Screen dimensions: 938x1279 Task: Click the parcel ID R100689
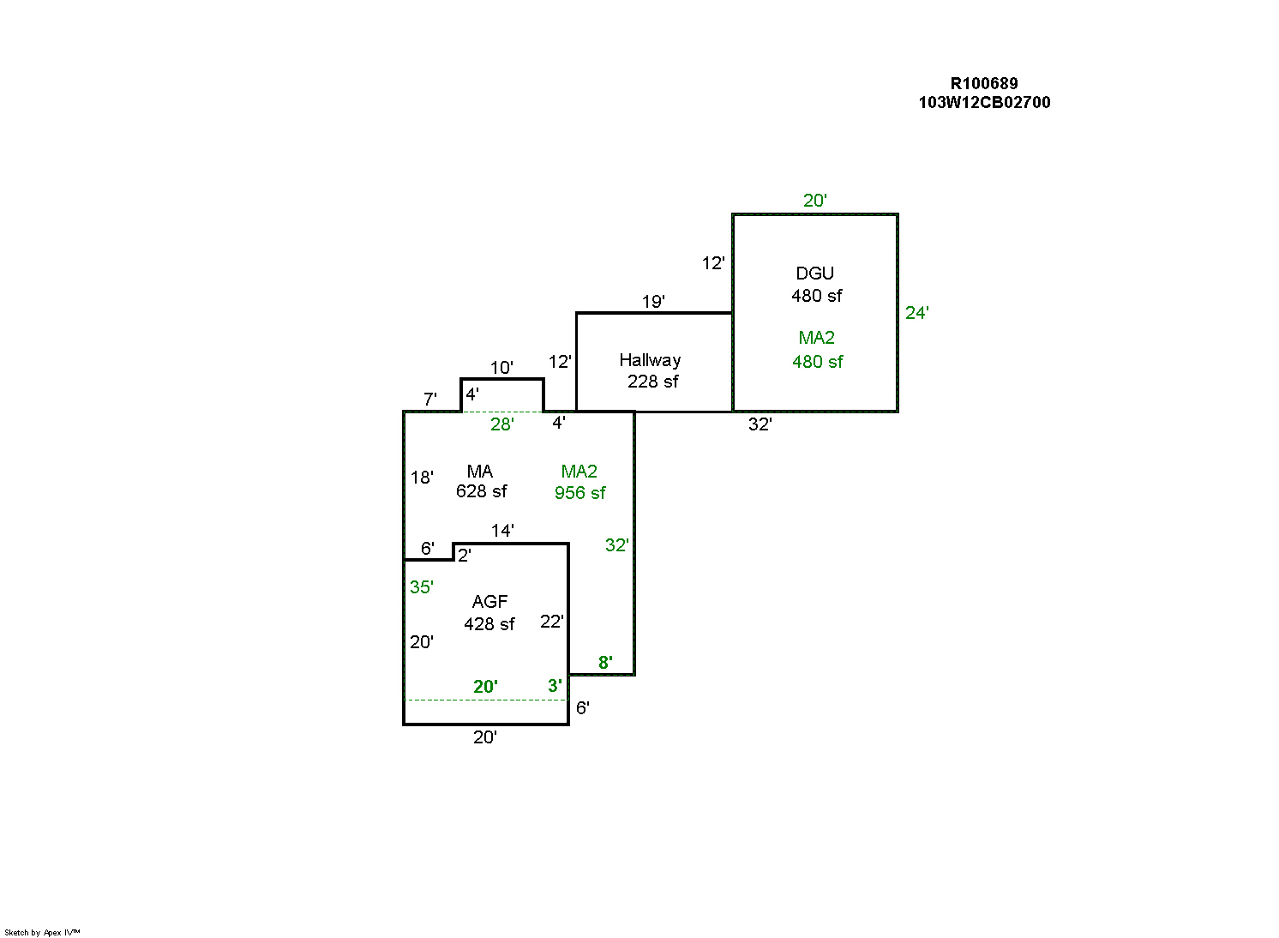click(x=983, y=83)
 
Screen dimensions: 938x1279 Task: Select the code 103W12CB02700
click(x=984, y=102)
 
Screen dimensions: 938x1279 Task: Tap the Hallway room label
click(x=650, y=360)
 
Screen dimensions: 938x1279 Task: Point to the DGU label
click(x=814, y=274)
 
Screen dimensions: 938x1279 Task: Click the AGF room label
click(x=489, y=602)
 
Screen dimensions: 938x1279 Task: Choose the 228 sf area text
click(x=652, y=382)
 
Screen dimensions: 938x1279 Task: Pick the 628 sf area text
click(x=481, y=491)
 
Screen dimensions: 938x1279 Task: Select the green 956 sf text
click(x=579, y=493)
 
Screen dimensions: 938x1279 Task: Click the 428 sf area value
click(x=489, y=624)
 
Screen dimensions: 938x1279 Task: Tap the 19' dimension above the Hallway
click(x=653, y=302)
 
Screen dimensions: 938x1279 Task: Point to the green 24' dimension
click(x=916, y=313)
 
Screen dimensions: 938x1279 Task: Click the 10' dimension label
click(x=501, y=368)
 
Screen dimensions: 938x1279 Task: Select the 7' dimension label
click(x=429, y=400)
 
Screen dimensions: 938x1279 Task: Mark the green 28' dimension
click(x=501, y=424)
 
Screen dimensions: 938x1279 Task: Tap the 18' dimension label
click(x=422, y=478)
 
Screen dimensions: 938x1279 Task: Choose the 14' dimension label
click(x=502, y=531)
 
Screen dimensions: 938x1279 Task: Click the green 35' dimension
click(x=421, y=587)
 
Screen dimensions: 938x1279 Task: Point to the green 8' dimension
click(x=605, y=662)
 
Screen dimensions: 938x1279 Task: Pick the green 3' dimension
click(x=555, y=686)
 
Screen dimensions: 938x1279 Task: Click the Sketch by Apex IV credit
click(x=42, y=932)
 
